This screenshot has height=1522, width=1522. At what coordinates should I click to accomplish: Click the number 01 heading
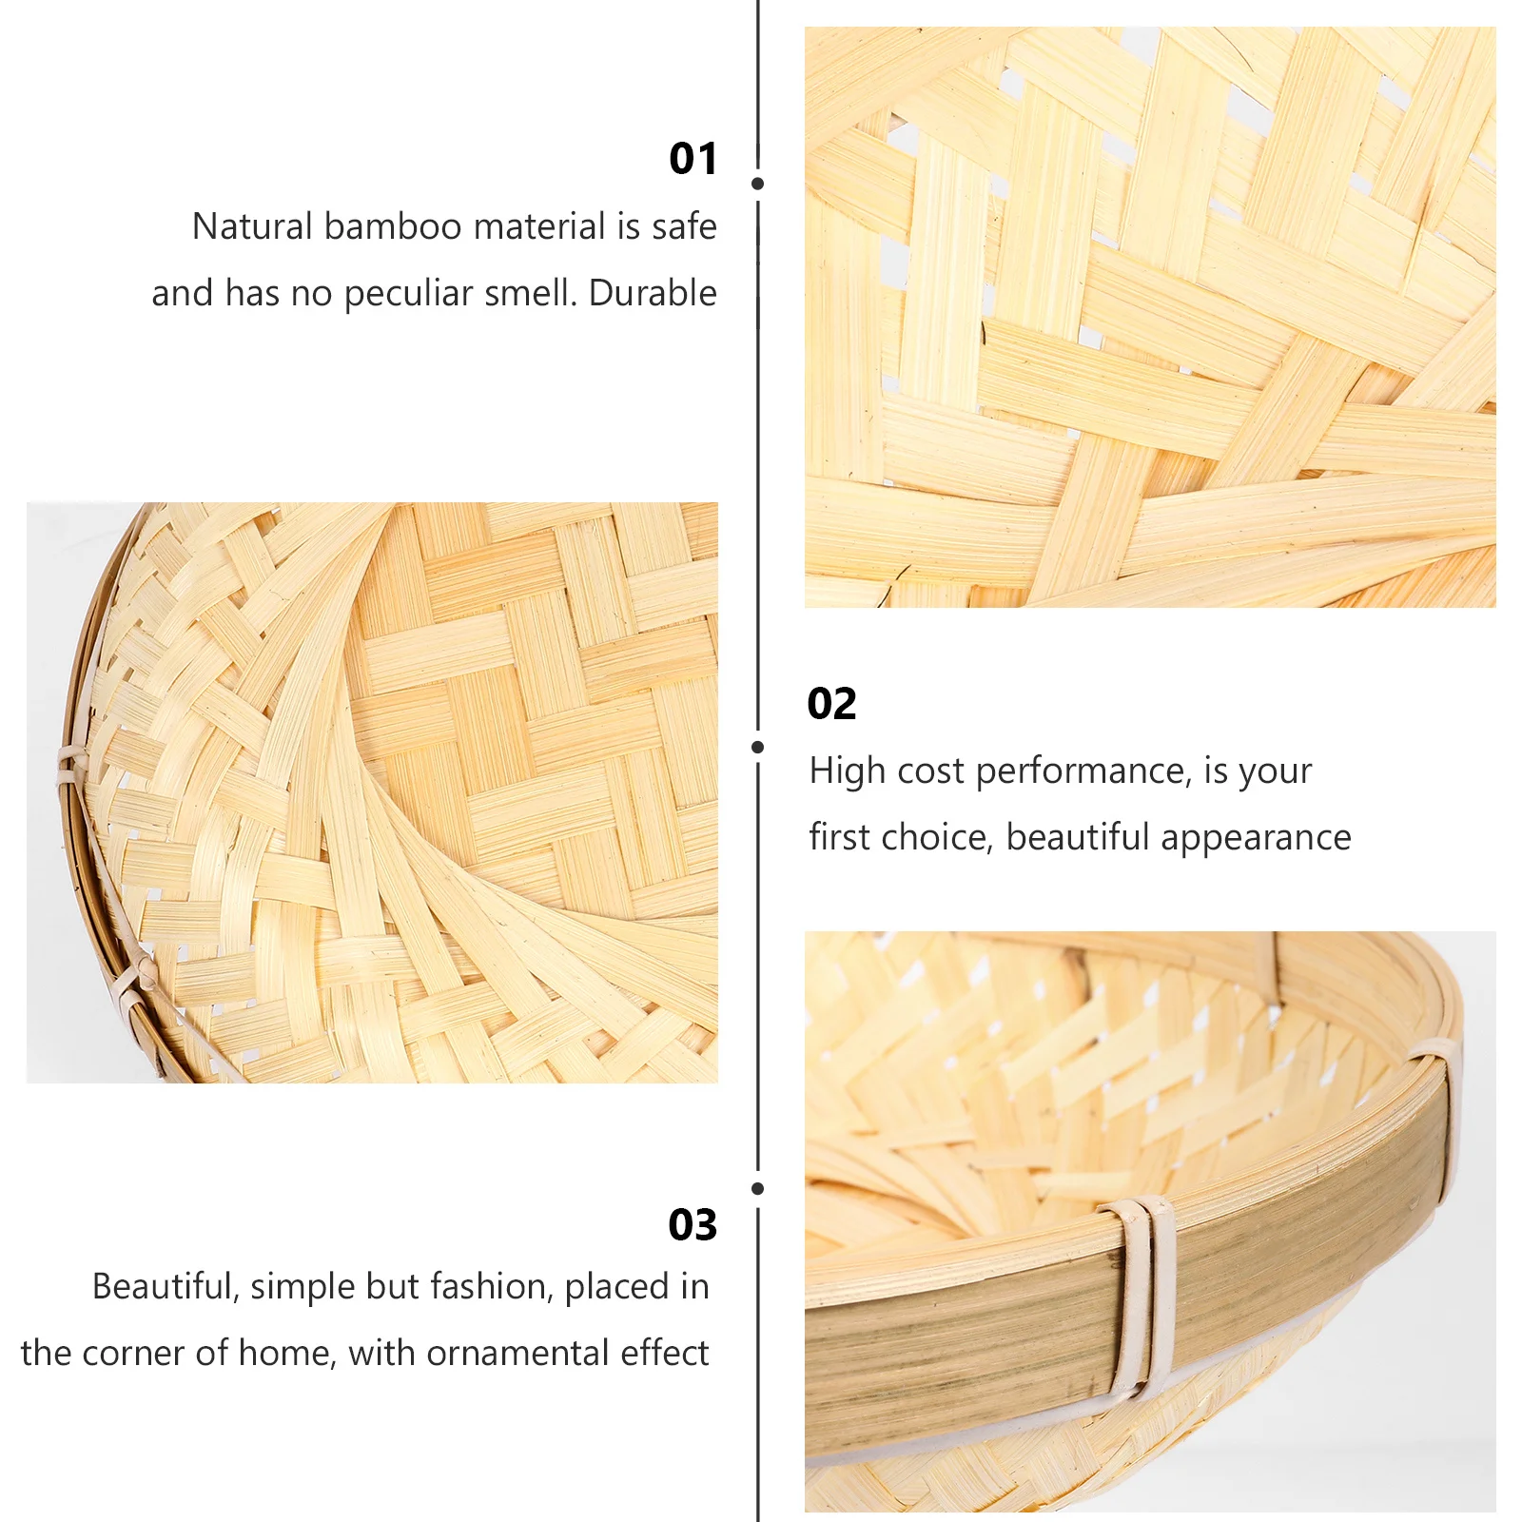[x=693, y=159]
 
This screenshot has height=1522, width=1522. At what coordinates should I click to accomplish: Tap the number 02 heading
[x=831, y=704]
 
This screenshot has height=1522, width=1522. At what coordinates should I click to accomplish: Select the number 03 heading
[x=693, y=1225]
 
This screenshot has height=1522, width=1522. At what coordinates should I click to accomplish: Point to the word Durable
[x=653, y=293]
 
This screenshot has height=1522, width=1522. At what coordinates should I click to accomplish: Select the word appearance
[x=1255, y=838]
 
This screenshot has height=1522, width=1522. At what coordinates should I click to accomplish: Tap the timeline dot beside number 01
[x=757, y=184]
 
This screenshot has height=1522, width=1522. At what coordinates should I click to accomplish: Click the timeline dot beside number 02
[x=757, y=748]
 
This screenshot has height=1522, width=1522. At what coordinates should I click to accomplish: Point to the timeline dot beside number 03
[x=757, y=1189]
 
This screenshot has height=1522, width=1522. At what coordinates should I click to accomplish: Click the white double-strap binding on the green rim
[x=1139, y=1294]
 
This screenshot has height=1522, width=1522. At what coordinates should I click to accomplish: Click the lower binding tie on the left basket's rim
[x=133, y=980]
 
